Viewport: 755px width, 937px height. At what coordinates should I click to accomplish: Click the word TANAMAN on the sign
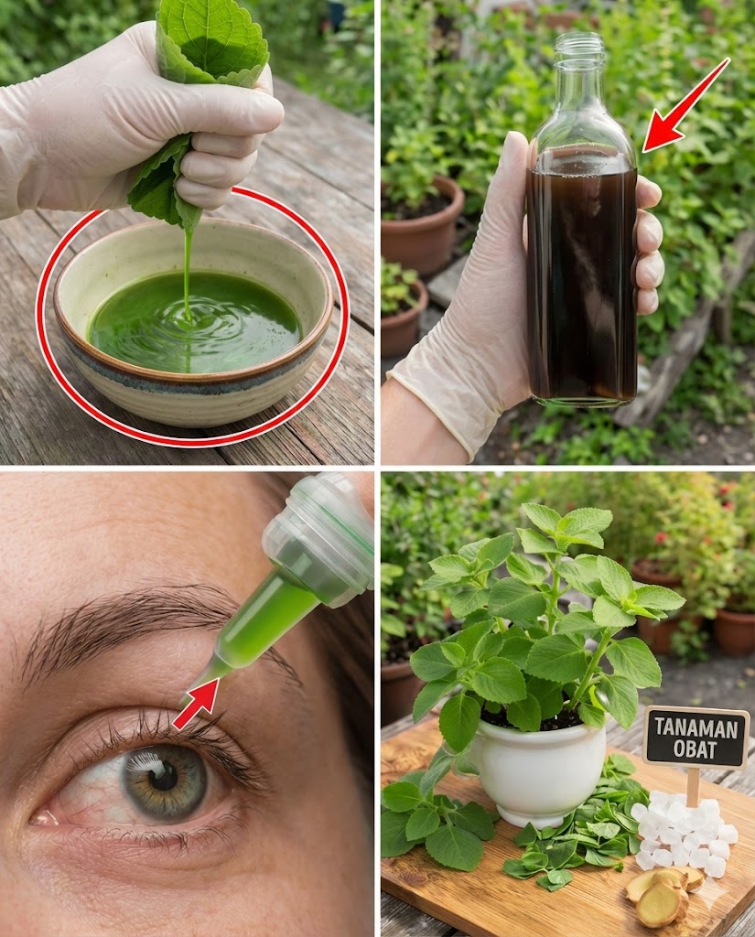point(696,727)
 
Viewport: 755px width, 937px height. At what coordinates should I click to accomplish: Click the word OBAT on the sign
point(695,749)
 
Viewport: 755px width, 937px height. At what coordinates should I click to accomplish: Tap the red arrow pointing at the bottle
point(686,105)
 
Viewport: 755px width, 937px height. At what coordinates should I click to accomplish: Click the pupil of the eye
point(163,776)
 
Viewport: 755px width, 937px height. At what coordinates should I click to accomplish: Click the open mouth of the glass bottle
point(580,40)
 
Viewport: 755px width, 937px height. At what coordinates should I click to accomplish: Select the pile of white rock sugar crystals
point(685,831)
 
